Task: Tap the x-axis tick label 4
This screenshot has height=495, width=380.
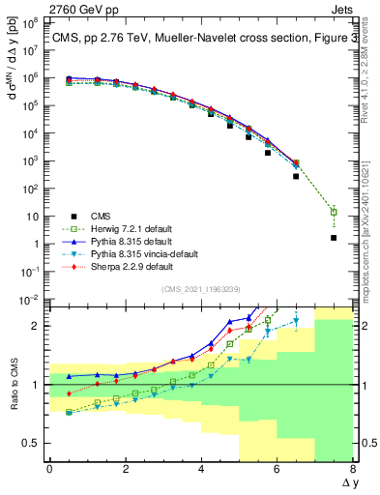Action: pos(201,468)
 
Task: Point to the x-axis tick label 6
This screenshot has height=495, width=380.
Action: pos(277,468)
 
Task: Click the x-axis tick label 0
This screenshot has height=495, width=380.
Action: pos(49,468)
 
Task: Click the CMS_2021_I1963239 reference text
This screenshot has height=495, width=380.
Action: pos(201,288)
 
